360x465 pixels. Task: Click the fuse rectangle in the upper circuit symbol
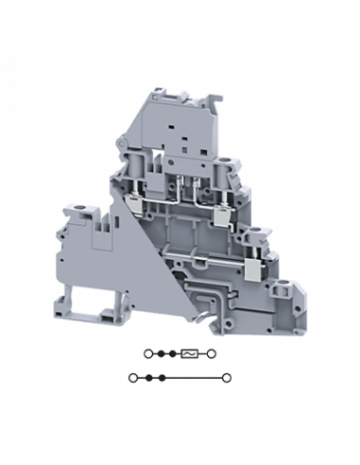[x=192, y=354]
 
